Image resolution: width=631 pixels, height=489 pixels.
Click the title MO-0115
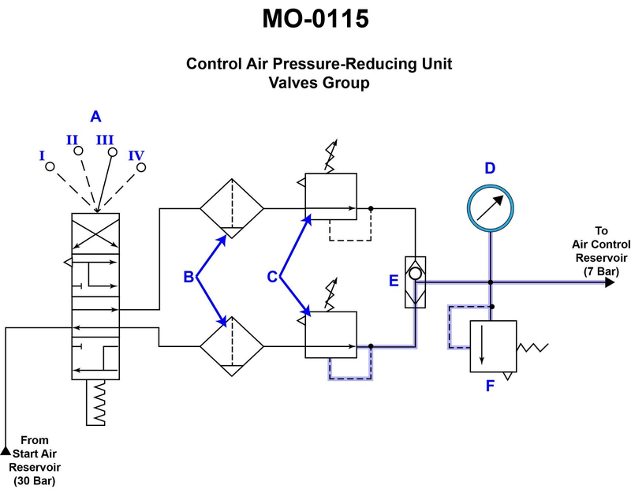(x=315, y=19)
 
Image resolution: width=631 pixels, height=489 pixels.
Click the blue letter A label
(x=95, y=117)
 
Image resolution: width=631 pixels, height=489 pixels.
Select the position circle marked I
(x=50, y=167)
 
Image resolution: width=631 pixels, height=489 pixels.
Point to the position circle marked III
(x=112, y=152)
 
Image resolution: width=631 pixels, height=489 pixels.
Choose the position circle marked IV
(x=143, y=167)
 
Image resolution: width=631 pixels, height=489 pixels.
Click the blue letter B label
(x=189, y=277)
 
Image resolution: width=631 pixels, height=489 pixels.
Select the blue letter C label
(x=271, y=277)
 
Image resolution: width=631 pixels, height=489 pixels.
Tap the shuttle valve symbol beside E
(x=414, y=282)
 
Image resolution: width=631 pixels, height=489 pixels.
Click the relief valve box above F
(x=493, y=345)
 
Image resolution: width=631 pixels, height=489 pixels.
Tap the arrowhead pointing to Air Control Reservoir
(x=609, y=282)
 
